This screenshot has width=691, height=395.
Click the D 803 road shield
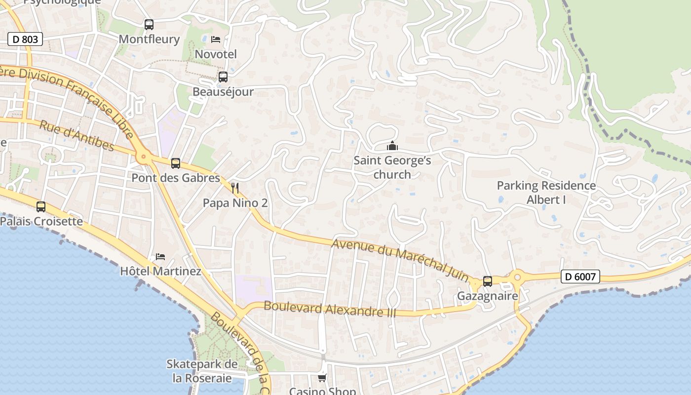coord(25,39)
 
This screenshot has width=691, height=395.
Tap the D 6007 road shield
coord(580,276)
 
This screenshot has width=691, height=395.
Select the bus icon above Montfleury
coord(149,24)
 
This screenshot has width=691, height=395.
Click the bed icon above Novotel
coord(216,39)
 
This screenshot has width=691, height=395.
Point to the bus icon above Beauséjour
coord(223,77)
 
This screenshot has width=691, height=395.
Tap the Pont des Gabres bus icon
coord(175,163)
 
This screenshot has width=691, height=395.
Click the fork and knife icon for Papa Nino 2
coord(235,188)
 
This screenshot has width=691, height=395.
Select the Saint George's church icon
coord(392,146)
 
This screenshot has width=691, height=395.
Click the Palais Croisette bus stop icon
coord(41,206)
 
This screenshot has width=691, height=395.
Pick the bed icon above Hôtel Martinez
coord(160,257)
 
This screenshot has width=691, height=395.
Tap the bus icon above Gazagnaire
coord(488,281)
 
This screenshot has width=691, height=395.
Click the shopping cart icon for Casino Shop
coord(322,378)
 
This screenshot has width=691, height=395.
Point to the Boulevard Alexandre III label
coord(330,309)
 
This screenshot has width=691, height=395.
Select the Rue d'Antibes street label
coord(77,135)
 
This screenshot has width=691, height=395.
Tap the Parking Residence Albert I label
coord(546,193)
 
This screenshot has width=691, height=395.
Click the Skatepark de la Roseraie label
coord(202,371)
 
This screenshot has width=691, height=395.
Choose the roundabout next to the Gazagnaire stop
coord(517,277)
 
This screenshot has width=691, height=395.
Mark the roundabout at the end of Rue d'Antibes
coord(144,158)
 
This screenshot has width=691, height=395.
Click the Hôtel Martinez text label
coord(161,271)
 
